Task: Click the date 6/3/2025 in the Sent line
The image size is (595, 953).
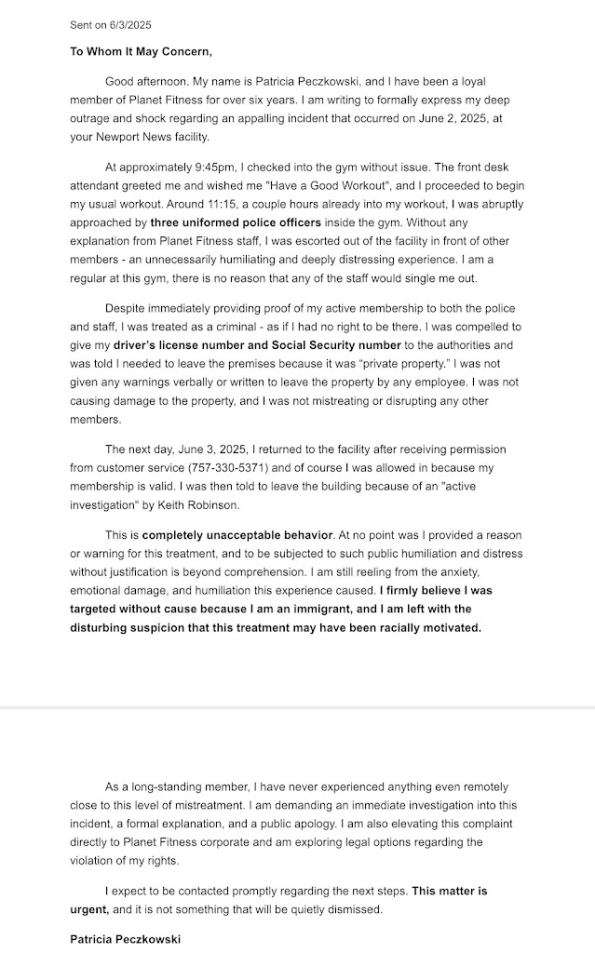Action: pos(131,24)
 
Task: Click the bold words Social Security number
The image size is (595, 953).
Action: pos(308,345)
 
